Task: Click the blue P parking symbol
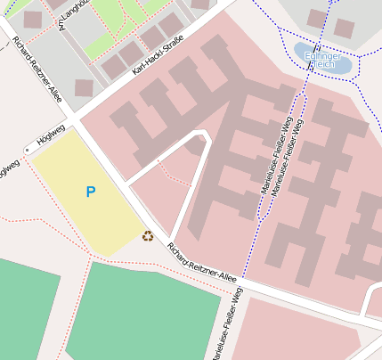click(x=90, y=192)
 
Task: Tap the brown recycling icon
click(x=147, y=236)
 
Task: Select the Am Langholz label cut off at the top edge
click(x=65, y=13)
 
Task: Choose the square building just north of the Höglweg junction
click(x=84, y=87)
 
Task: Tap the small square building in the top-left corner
click(x=33, y=19)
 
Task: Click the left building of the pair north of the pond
click(x=316, y=18)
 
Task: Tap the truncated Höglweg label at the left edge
click(x=8, y=169)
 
